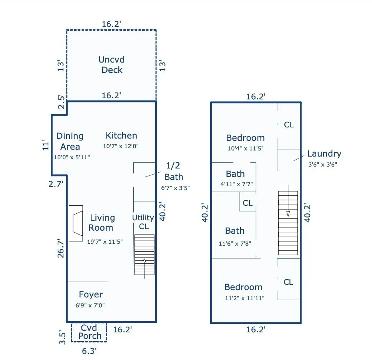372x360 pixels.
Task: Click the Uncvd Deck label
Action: [x=111, y=65]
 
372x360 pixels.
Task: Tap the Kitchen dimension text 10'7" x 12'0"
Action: [x=121, y=146]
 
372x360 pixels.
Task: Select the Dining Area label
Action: [x=70, y=141]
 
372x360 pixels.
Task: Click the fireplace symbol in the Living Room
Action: [x=76, y=223]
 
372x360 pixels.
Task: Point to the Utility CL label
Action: [x=143, y=222]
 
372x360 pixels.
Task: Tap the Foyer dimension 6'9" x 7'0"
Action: [x=90, y=305]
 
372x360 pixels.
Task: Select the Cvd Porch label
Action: [x=90, y=332]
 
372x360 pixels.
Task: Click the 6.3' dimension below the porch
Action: [x=89, y=351]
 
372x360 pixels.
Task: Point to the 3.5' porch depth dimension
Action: [x=62, y=337]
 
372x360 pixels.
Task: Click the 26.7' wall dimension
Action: [x=61, y=248]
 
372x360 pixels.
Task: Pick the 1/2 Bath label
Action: [x=173, y=171]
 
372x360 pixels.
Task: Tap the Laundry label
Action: [x=324, y=154]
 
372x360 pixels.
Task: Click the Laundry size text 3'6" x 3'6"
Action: [x=322, y=165]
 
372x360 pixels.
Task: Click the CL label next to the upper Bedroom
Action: [x=289, y=125]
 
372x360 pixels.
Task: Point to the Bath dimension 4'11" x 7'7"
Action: [x=236, y=184]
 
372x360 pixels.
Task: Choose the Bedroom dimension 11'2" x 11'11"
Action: [x=244, y=298]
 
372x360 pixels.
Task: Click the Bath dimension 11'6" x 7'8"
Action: [x=235, y=244]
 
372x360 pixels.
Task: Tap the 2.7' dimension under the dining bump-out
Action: [x=56, y=184]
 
